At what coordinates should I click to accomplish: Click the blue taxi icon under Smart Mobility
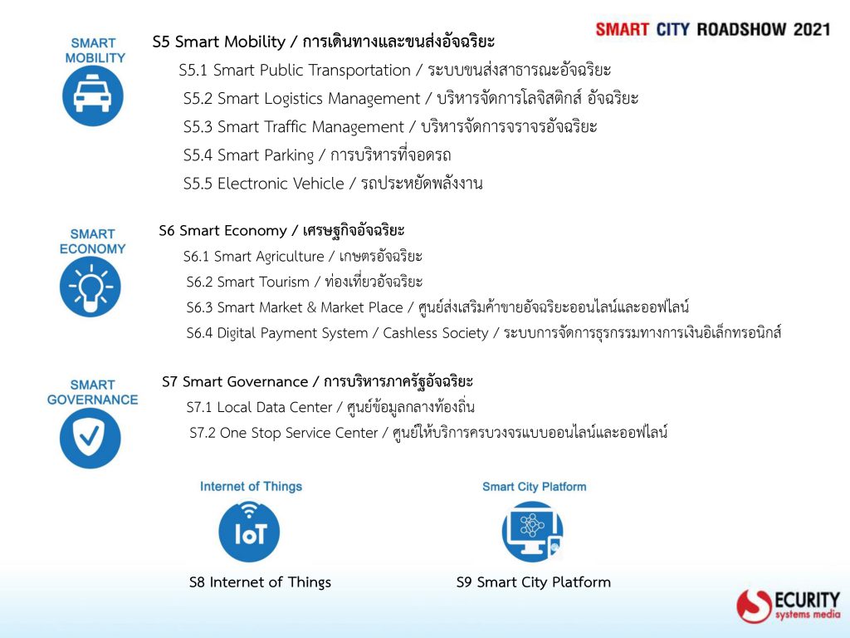(x=93, y=96)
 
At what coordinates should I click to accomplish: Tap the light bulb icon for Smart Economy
(x=90, y=287)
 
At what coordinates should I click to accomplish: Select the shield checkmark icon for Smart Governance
(x=90, y=438)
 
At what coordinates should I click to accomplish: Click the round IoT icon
(x=249, y=532)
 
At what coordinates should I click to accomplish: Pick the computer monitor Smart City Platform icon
(x=532, y=532)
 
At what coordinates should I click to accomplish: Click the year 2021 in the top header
(x=812, y=29)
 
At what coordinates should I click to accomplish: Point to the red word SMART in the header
(x=623, y=29)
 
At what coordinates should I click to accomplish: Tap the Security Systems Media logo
(x=789, y=606)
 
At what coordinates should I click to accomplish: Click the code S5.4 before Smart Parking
(x=198, y=155)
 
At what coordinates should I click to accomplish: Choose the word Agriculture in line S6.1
(x=290, y=257)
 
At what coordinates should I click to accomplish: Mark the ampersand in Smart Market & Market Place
(x=311, y=307)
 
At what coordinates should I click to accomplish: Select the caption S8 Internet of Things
(x=260, y=582)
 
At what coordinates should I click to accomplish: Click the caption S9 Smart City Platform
(x=534, y=582)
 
